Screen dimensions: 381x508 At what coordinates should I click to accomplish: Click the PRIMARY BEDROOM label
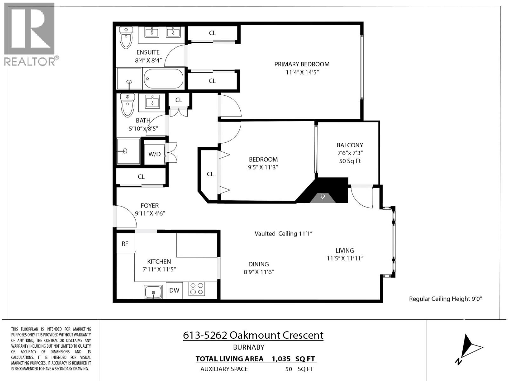(x=302, y=64)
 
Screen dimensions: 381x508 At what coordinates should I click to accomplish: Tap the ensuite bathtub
(x=163, y=79)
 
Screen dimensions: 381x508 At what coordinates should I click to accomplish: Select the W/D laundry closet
(x=155, y=154)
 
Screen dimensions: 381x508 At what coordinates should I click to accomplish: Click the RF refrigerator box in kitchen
(x=125, y=244)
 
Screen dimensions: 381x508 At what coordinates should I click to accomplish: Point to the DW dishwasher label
(x=174, y=290)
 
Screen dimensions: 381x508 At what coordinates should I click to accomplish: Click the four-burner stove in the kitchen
(x=197, y=289)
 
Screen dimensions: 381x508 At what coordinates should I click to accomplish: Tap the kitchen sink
(x=153, y=291)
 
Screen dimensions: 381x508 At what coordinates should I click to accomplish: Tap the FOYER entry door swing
(x=124, y=217)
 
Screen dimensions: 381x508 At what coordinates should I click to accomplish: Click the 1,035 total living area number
(x=281, y=359)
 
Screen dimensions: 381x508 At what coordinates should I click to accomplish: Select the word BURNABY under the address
(x=249, y=347)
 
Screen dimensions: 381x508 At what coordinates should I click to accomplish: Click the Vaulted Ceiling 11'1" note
(x=284, y=234)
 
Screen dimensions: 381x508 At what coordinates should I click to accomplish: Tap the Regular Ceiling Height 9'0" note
(x=445, y=299)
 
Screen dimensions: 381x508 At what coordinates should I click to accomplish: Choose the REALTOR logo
(x=30, y=34)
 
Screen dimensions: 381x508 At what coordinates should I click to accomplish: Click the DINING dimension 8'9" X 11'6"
(x=258, y=272)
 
